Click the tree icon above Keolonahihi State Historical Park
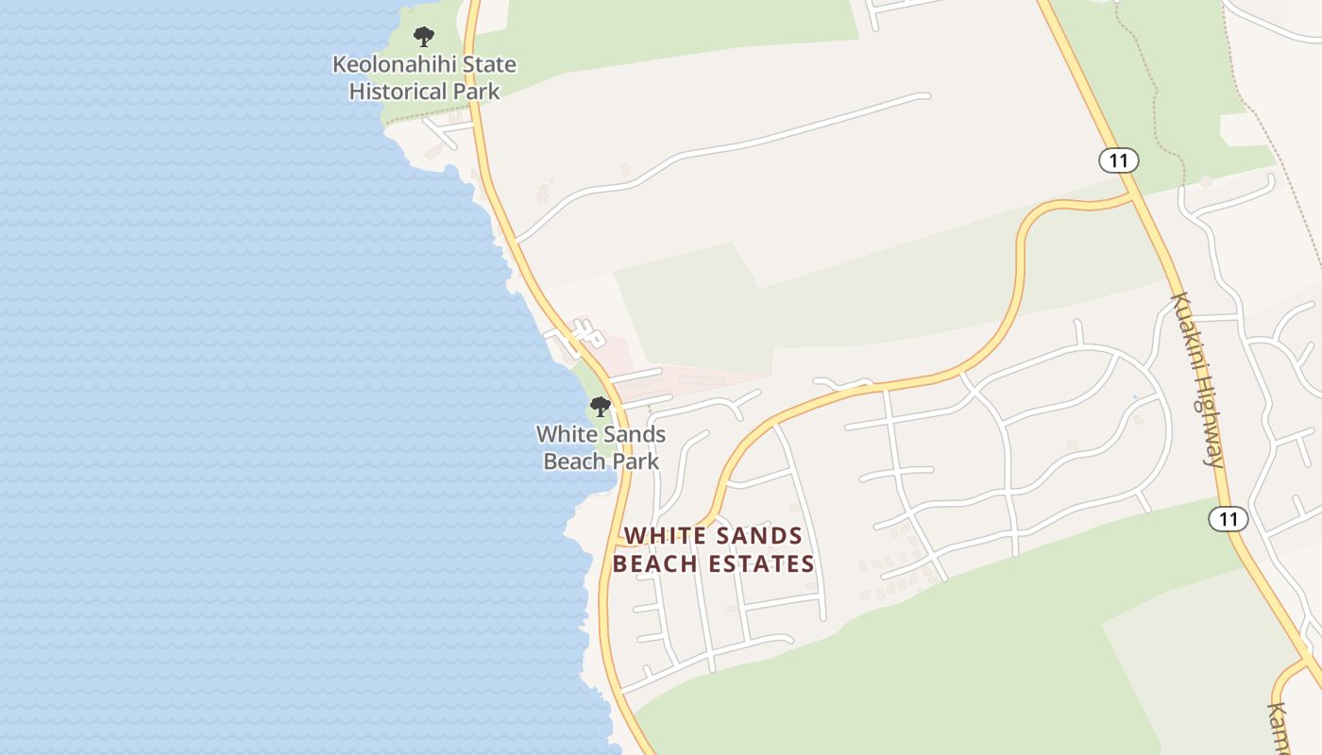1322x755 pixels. pyautogui.click(x=424, y=37)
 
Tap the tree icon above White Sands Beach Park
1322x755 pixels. pyautogui.click(x=600, y=407)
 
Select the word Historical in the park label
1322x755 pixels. pyautogui.click(x=397, y=92)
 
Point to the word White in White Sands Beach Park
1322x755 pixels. pyautogui.click(x=568, y=435)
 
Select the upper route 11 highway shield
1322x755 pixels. pyautogui.click(x=1118, y=160)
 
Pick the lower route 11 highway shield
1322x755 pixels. pyautogui.click(x=1228, y=518)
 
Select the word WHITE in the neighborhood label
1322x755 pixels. pyautogui.click(x=665, y=536)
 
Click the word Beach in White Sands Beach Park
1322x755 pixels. pyautogui.click(x=574, y=461)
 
